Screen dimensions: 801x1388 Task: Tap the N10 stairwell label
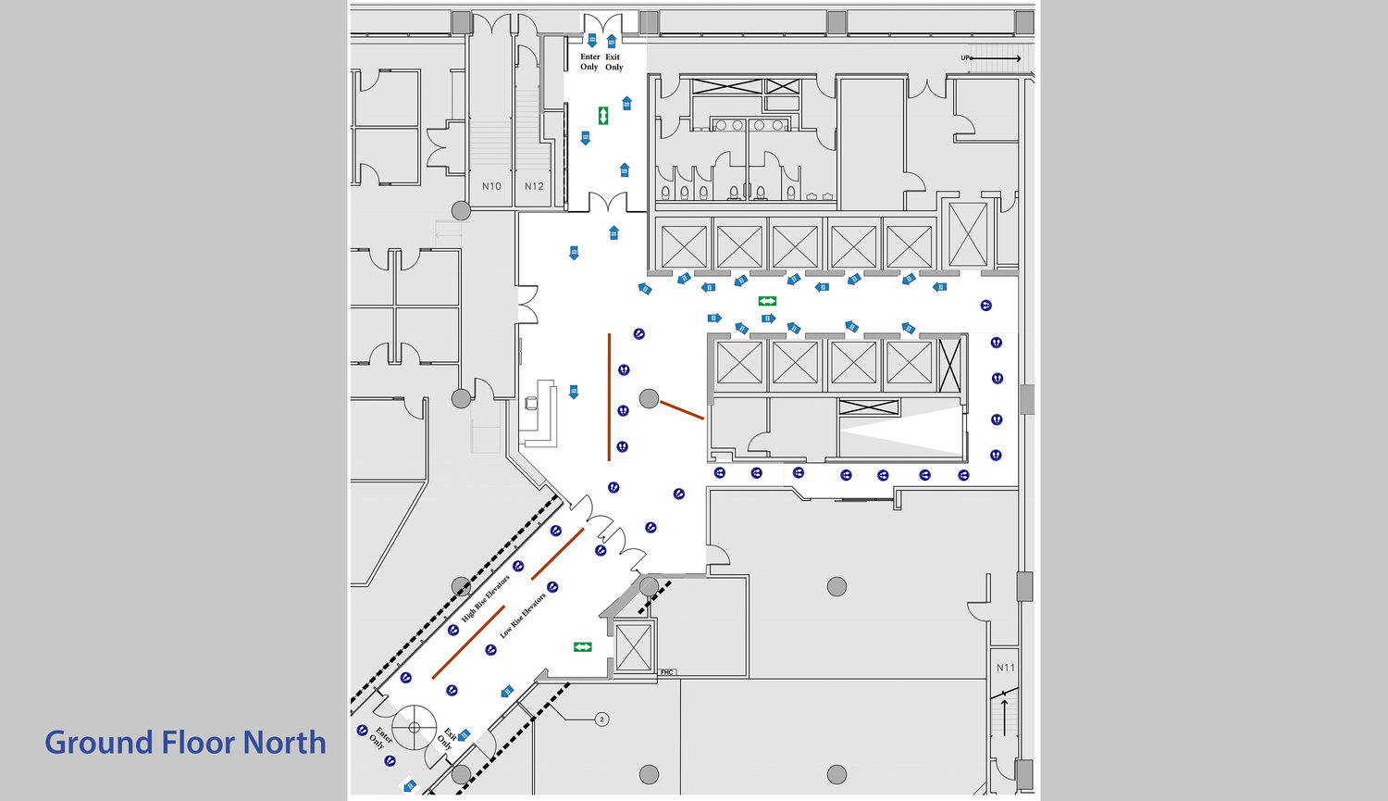point(491,186)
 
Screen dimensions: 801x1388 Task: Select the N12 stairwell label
point(534,186)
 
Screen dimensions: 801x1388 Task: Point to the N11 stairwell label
point(1005,668)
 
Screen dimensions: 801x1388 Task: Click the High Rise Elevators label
point(486,598)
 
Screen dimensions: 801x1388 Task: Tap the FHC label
point(666,672)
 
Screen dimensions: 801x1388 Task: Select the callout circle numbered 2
point(601,719)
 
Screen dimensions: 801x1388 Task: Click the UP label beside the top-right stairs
point(966,58)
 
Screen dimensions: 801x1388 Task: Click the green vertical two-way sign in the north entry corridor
point(603,116)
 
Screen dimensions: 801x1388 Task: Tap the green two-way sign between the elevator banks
point(767,301)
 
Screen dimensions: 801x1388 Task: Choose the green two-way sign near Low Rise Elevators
point(582,646)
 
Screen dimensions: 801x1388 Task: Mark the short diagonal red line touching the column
point(682,410)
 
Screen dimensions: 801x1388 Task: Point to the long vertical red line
point(609,396)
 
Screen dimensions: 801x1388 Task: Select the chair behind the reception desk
point(531,403)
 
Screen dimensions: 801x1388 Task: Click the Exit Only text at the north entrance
point(613,62)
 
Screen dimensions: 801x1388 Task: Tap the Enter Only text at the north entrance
point(589,62)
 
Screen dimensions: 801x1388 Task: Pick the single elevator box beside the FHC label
point(634,646)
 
